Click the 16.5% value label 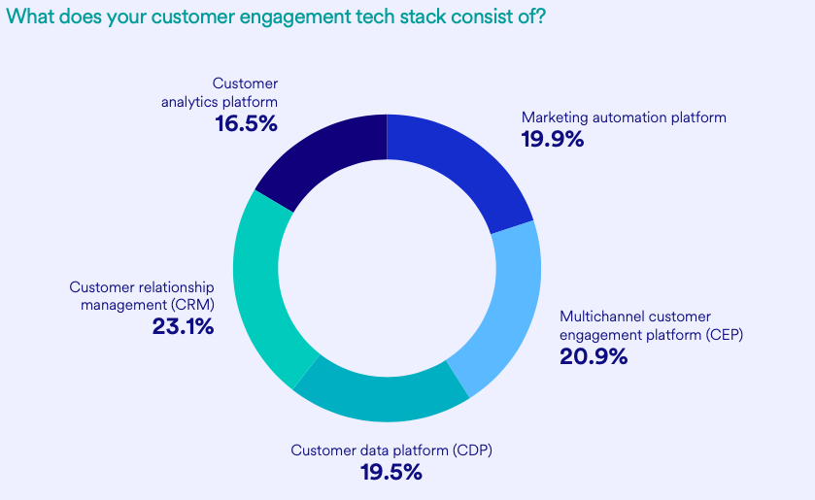pyautogui.click(x=247, y=123)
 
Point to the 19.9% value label pyautogui.click(x=553, y=139)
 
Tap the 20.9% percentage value pyautogui.click(x=594, y=356)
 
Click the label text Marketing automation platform pyautogui.click(x=624, y=117)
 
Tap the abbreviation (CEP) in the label pyautogui.click(x=725, y=335)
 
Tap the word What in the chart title pyautogui.click(x=27, y=17)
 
